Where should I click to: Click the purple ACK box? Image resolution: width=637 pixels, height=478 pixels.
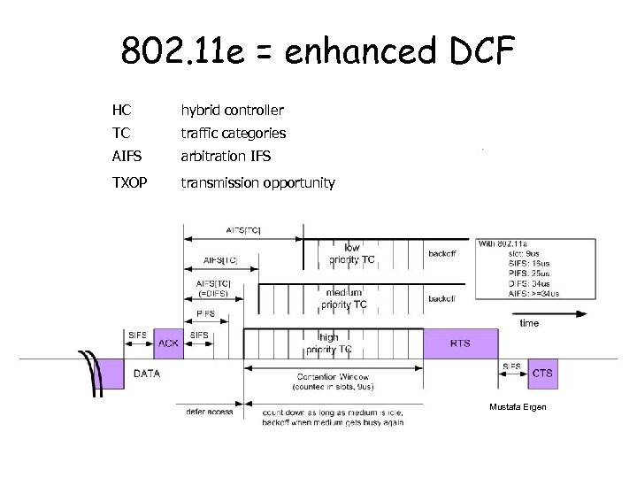point(169,343)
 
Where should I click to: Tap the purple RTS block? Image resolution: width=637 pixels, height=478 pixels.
point(461,343)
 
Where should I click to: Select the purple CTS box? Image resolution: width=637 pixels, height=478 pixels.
point(542,373)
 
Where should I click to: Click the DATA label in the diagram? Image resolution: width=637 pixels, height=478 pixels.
point(147,374)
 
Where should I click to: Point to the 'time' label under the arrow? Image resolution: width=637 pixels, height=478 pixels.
point(529,323)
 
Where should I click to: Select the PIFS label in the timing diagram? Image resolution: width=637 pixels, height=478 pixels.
point(205,313)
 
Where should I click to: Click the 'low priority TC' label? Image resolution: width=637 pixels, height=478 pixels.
point(352,254)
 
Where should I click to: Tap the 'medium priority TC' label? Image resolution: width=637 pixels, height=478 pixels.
point(345,298)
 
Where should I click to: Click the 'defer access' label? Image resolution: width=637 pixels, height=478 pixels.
point(209,412)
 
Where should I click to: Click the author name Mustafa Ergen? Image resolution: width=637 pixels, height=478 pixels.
point(518,406)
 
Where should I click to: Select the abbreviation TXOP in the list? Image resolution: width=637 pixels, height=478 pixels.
point(129,183)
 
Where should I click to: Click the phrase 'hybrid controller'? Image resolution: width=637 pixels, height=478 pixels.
point(232,111)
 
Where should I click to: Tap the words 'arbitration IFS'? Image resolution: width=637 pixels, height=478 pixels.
point(226,157)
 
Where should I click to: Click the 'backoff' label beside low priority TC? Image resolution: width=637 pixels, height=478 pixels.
point(441,254)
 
